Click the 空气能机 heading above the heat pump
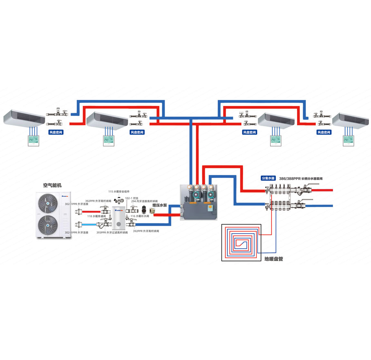point(52,185)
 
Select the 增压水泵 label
point(160,205)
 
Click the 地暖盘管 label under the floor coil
point(274,259)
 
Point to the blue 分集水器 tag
point(268,178)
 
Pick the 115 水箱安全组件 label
point(119,191)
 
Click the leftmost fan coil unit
point(25,117)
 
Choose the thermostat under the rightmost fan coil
point(349,140)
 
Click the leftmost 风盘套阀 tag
point(56,133)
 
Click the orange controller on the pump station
point(211,207)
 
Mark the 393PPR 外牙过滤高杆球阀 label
point(112,232)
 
